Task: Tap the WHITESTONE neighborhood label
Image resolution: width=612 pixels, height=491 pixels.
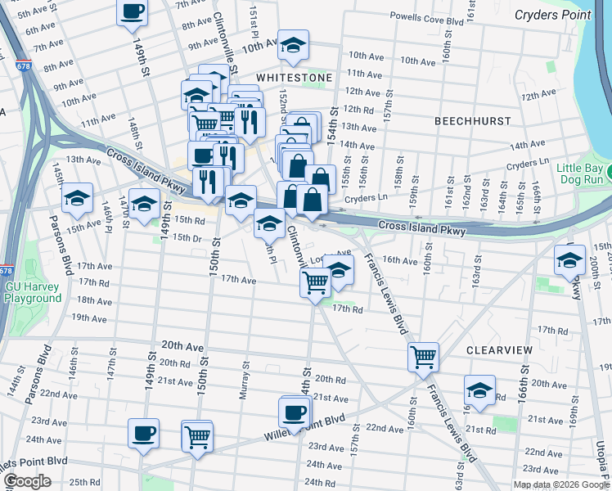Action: coord(295,78)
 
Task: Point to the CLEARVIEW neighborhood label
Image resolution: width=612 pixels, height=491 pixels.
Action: coord(499,349)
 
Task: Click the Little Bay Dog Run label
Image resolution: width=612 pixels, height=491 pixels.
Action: coord(583,173)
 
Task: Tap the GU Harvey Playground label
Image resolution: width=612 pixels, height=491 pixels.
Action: coord(33,292)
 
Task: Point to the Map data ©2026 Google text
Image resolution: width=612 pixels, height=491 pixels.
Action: coord(560,484)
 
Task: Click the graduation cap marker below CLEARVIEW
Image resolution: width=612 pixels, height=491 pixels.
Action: coord(479,390)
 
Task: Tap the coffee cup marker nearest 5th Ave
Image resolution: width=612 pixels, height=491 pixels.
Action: coord(133,11)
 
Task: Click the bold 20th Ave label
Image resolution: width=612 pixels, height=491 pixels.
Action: coord(182,346)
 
